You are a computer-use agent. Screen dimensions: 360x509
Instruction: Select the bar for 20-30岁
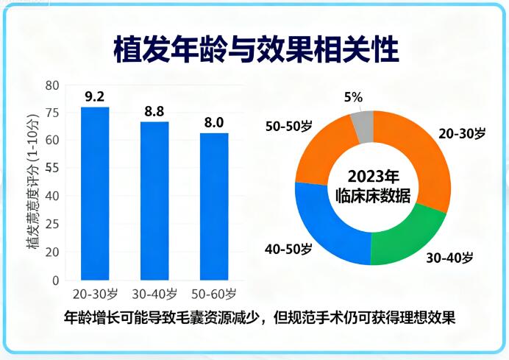coord(95,193)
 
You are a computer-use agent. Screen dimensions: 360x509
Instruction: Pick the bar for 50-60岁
coord(214,206)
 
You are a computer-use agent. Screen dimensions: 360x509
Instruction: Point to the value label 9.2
coord(95,96)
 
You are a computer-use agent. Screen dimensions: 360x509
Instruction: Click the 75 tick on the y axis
coord(51,113)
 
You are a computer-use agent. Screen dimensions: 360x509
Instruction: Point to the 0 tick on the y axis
coord(55,280)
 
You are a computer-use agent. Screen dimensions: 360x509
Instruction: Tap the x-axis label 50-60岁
coord(214,294)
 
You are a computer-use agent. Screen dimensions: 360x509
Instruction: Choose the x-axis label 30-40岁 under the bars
coord(154,294)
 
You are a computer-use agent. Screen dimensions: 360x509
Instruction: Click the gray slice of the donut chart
coord(361,127)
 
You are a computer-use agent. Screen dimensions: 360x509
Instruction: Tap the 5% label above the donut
coord(353,98)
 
